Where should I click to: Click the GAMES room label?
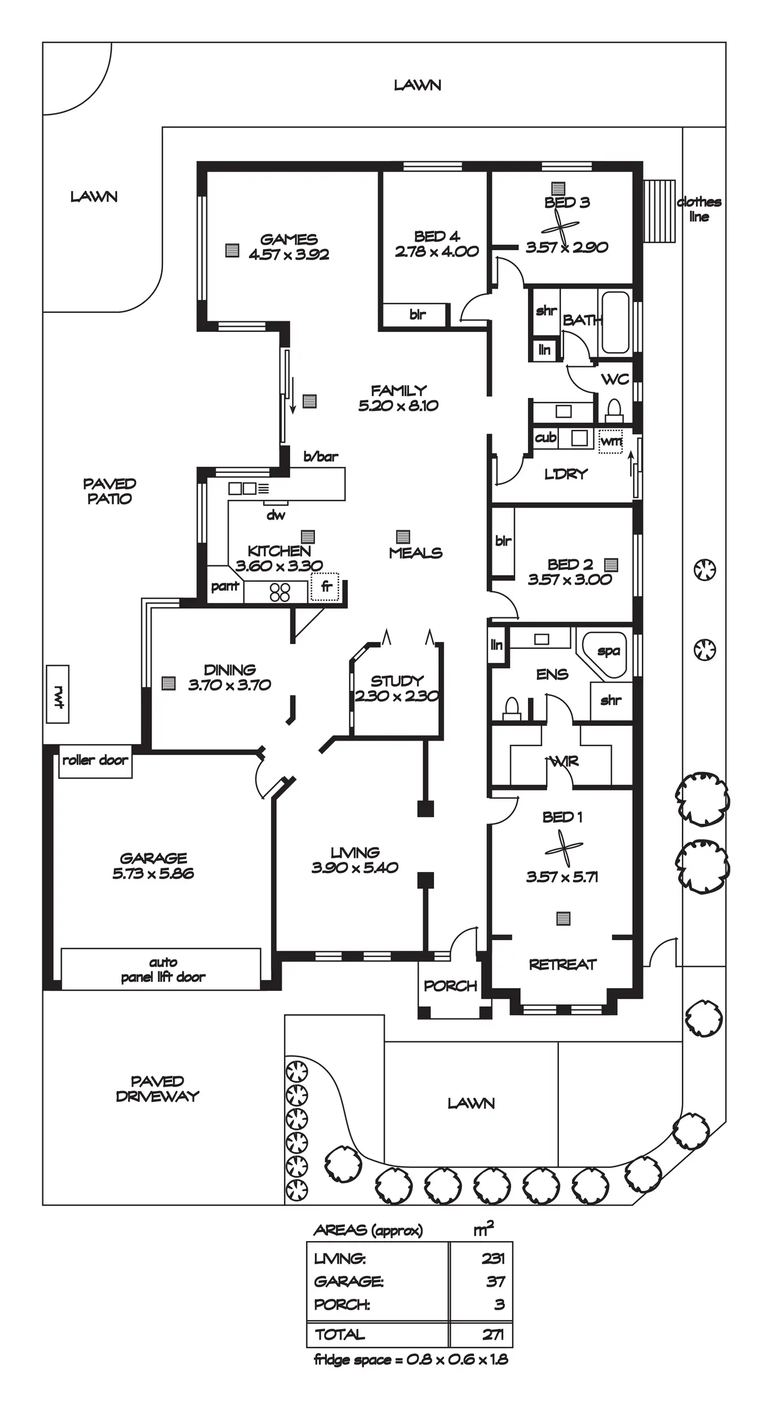[x=289, y=240]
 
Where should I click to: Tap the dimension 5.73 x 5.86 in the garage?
[x=153, y=874]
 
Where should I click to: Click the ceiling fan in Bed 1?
[x=564, y=848]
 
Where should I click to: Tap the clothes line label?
[x=699, y=209]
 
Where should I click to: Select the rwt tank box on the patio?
[x=57, y=694]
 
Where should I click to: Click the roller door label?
[x=95, y=760]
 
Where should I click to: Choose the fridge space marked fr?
[x=326, y=587]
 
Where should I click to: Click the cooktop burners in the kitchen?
[x=279, y=592]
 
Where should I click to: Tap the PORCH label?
[x=450, y=986]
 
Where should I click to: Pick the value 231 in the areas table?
[x=493, y=1259]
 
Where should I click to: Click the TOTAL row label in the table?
[x=340, y=1335]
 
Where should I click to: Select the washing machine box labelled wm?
[x=611, y=441]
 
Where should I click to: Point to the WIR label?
[x=564, y=762]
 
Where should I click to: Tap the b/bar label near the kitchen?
[x=321, y=457]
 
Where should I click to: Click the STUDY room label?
[x=397, y=681]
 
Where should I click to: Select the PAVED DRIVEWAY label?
[x=157, y=1089]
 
